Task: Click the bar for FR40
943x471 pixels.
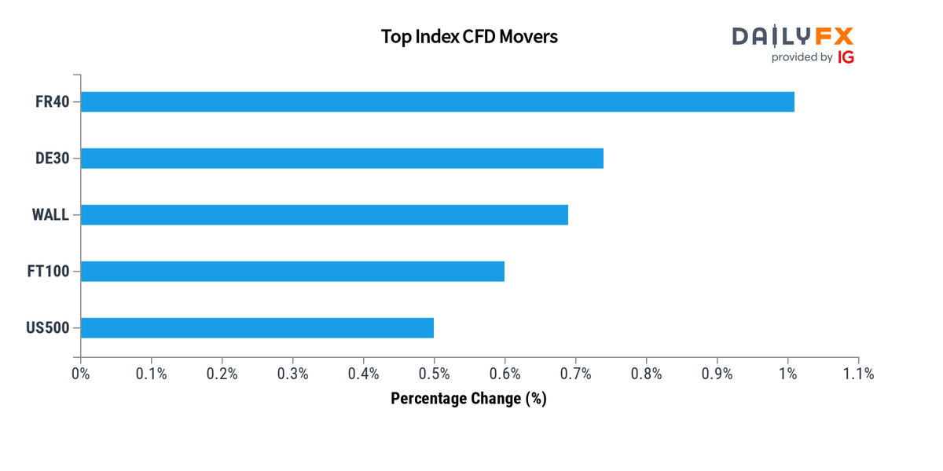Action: tap(437, 102)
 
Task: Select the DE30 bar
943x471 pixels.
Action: tap(342, 159)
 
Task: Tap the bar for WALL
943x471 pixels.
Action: tap(324, 215)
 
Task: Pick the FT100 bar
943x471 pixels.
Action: tap(292, 272)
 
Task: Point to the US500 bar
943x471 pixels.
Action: tap(257, 327)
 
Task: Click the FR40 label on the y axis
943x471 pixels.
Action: tap(53, 102)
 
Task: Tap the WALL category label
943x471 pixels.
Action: tap(50, 215)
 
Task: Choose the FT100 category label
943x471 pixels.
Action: tap(48, 272)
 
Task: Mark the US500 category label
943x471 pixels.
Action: tap(48, 327)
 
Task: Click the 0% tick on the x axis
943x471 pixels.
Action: tap(81, 374)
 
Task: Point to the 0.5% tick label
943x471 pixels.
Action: tap(435, 374)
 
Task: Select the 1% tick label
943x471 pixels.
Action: tap(787, 374)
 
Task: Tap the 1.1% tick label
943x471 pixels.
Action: tap(858, 374)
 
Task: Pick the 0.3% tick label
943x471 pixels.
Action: tap(293, 374)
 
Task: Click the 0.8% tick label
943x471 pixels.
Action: tap(647, 374)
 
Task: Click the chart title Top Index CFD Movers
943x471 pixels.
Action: tap(469, 37)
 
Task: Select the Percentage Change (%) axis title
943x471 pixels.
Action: tap(468, 399)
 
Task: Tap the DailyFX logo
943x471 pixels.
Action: tap(792, 36)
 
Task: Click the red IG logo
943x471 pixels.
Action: tap(846, 57)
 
